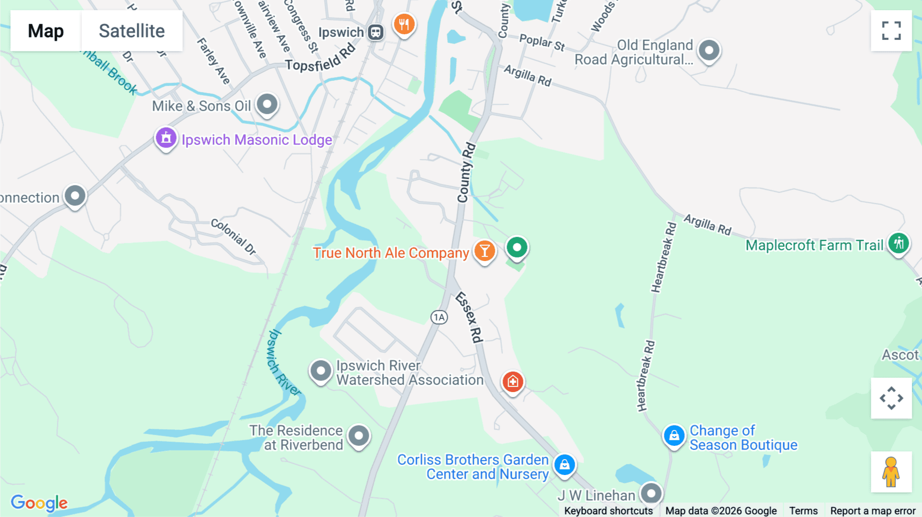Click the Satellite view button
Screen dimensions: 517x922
[x=132, y=31]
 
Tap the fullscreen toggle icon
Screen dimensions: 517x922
[x=891, y=31]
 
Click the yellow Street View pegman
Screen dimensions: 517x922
[x=891, y=472]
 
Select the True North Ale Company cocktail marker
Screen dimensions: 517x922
[x=484, y=251]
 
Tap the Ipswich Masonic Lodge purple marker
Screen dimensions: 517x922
[x=166, y=138]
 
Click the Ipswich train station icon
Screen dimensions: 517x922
[x=376, y=32]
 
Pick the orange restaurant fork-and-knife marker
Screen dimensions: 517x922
[x=404, y=24]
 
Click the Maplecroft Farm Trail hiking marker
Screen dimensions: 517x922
[x=898, y=243]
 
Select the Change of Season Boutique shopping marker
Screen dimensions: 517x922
[x=674, y=436]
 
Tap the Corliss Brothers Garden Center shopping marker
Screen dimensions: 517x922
[x=564, y=465]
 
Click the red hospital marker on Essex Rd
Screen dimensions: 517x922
[x=513, y=381]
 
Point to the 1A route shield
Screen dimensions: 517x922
[x=439, y=317]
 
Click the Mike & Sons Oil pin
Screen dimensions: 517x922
[x=267, y=104]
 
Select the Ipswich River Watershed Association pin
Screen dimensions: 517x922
[x=321, y=370]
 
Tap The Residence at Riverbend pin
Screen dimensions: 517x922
[x=359, y=436]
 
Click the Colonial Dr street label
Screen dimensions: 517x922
[x=234, y=236]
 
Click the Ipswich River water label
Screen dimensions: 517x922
[x=283, y=362]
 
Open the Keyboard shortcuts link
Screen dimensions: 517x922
[x=608, y=510]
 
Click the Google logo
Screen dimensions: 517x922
[x=39, y=503]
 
